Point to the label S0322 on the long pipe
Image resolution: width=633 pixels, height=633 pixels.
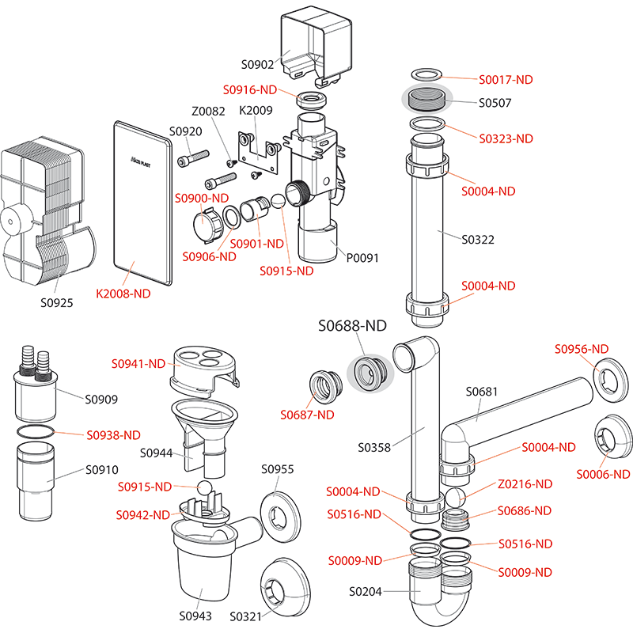[x=478, y=238]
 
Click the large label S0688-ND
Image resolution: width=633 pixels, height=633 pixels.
[x=352, y=326]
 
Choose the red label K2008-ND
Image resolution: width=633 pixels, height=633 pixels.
[x=123, y=293]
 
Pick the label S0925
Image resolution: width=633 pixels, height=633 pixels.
[x=57, y=302]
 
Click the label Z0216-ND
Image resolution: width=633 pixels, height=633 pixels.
[x=524, y=483]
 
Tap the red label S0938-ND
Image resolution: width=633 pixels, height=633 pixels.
[x=113, y=434]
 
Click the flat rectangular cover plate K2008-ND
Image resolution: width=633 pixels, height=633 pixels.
[x=142, y=202]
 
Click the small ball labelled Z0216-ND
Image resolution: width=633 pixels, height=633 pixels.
[x=456, y=499]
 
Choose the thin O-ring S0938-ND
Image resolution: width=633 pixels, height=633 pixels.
[x=36, y=431]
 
